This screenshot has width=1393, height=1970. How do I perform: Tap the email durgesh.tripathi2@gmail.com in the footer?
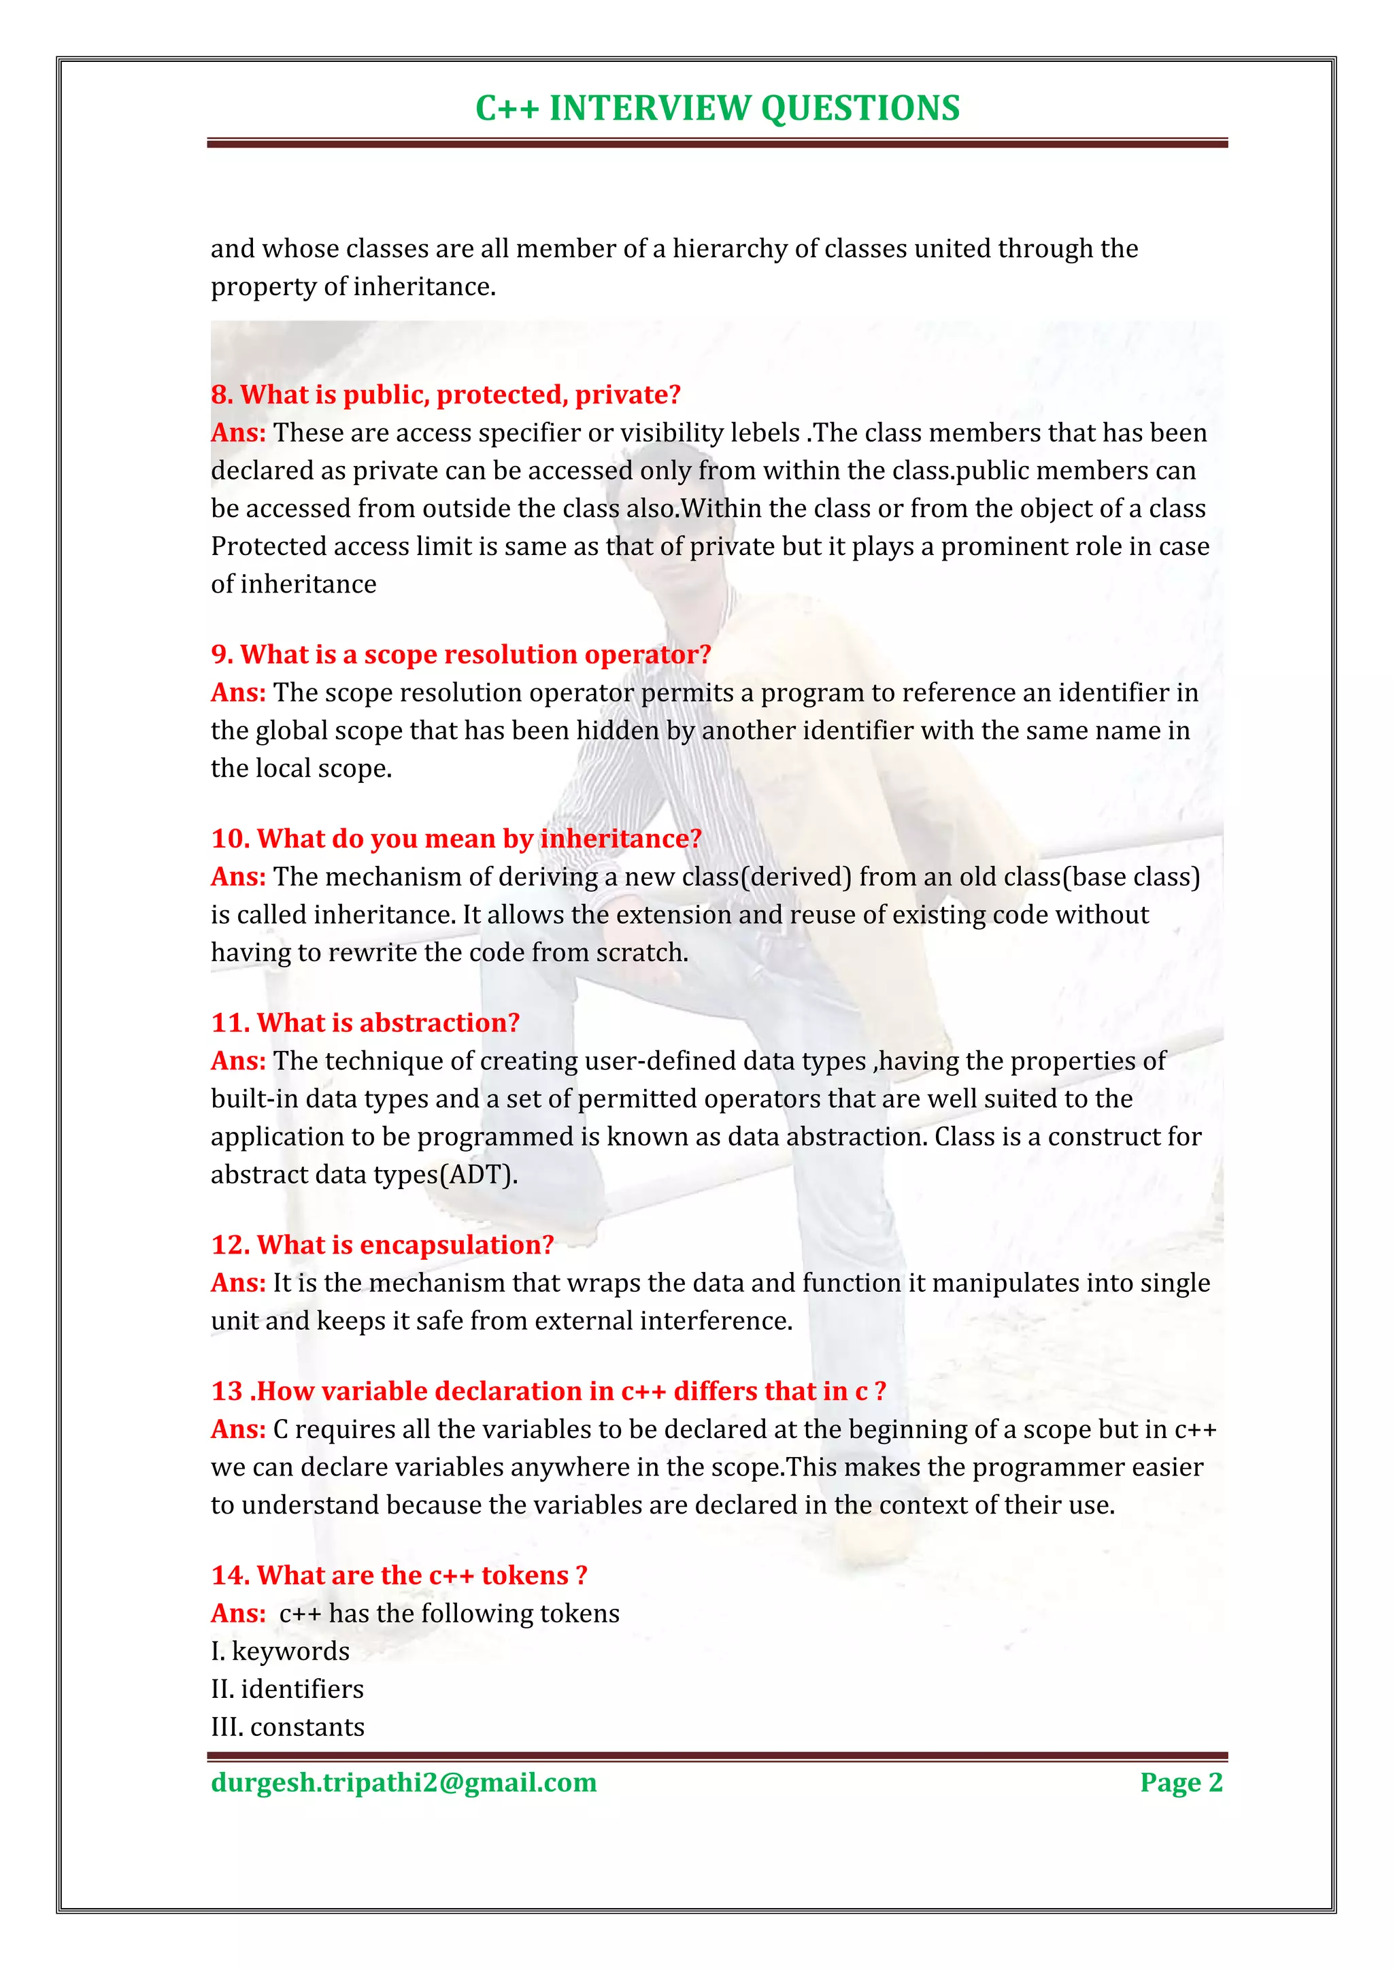pyautogui.click(x=403, y=1782)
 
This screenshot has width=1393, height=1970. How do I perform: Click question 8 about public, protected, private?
pyautogui.click(x=446, y=395)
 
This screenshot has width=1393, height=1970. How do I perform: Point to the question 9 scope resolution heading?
pyautogui.click(x=460, y=654)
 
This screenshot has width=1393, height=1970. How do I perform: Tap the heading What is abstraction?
pyautogui.click(x=365, y=1022)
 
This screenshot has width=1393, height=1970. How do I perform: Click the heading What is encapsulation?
pyautogui.click(x=382, y=1245)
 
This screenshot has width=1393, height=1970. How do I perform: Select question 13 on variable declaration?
pyautogui.click(x=548, y=1391)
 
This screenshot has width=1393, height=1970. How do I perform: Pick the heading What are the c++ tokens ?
pyautogui.click(x=399, y=1575)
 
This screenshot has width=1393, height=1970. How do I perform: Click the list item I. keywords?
pyautogui.click(x=280, y=1651)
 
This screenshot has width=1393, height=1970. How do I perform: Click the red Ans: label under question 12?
pyautogui.click(x=239, y=1283)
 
